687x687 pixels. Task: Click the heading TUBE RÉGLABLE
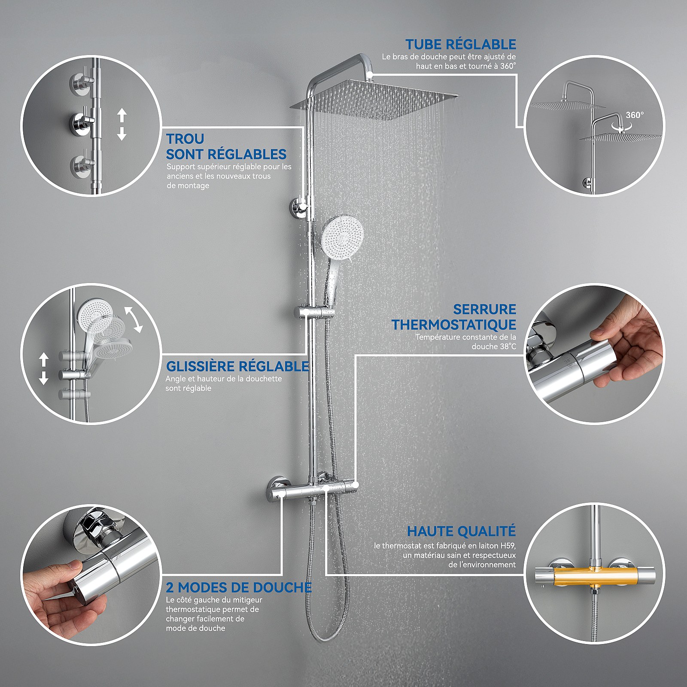(x=461, y=44)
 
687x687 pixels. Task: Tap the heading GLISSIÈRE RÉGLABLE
(x=237, y=366)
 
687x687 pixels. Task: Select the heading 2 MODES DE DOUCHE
(x=239, y=587)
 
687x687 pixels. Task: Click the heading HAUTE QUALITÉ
(x=461, y=531)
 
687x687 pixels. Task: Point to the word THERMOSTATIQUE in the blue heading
(x=454, y=325)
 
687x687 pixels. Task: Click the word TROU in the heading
(x=185, y=139)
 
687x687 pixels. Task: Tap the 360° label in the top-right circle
(x=635, y=115)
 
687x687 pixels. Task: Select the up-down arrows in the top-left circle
(x=122, y=125)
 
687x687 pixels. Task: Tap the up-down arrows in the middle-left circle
(x=43, y=369)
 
